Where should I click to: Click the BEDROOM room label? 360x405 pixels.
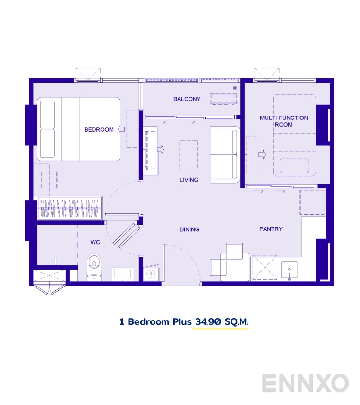[99, 129]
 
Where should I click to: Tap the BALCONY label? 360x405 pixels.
[187, 99]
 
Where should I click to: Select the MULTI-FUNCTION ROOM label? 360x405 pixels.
[283, 121]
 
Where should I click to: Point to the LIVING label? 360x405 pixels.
[189, 180]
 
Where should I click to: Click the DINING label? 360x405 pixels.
[189, 229]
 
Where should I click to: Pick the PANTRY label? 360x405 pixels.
[271, 229]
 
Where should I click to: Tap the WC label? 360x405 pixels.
[95, 242]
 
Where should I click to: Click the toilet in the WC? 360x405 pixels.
[94, 268]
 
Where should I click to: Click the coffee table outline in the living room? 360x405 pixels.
[189, 154]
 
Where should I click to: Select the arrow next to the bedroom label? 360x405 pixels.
[121, 129]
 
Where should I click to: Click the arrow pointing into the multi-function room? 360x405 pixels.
[262, 154]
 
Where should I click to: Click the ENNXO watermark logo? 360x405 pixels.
[305, 383]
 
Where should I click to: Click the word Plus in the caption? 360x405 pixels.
[181, 322]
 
